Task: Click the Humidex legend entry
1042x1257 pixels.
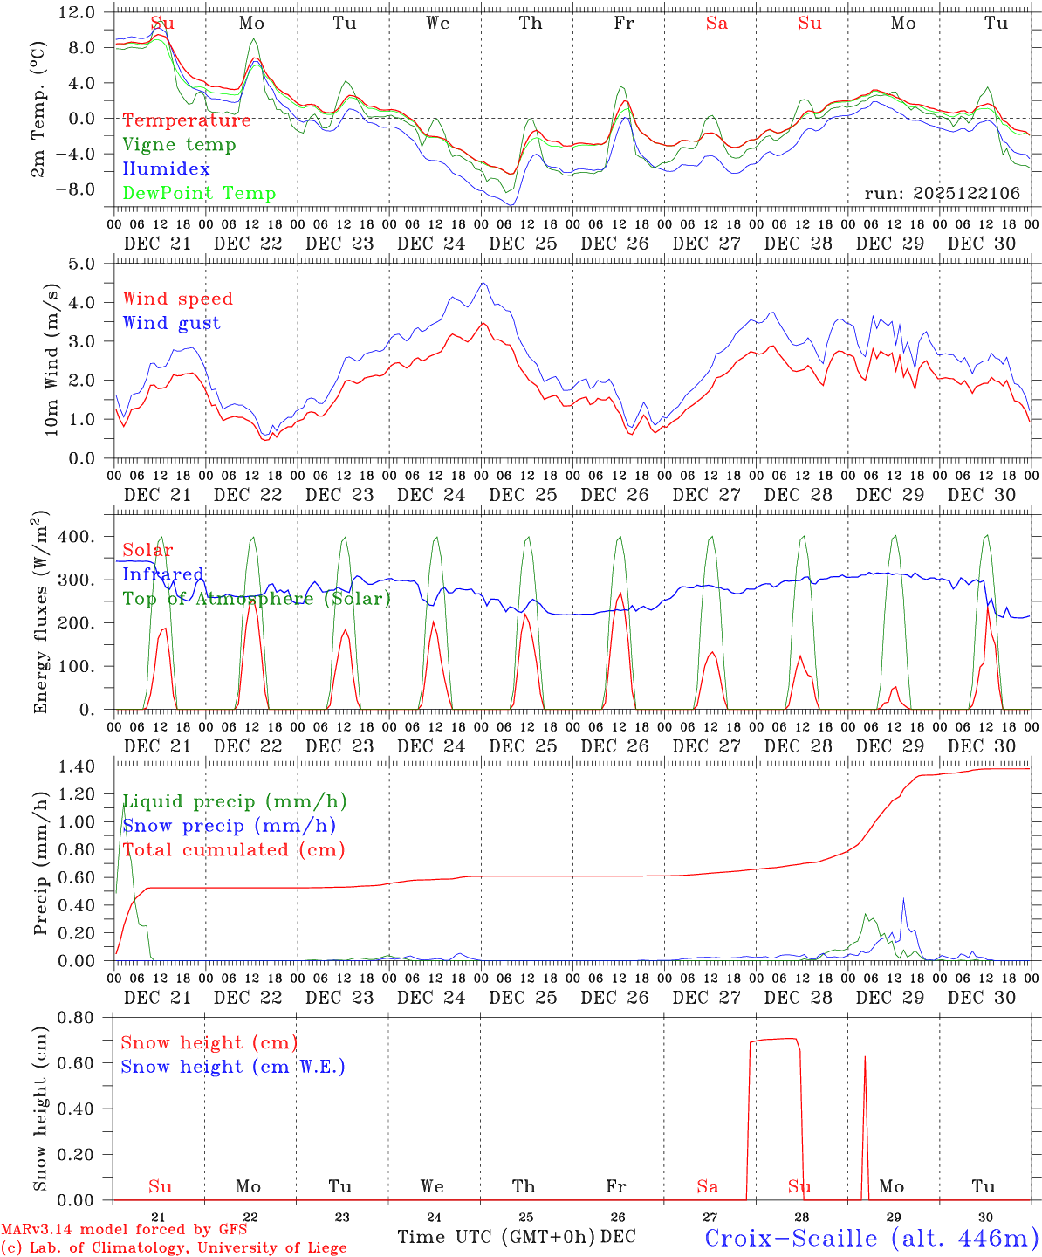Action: [x=166, y=169]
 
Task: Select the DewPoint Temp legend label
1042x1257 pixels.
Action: [x=199, y=194]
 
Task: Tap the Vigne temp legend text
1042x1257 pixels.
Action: [x=179, y=145]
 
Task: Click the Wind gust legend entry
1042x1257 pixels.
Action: [x=171, y=323]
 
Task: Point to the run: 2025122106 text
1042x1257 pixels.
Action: [x=942, y=194]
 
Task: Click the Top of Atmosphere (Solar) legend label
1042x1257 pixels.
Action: [x=256, y=599]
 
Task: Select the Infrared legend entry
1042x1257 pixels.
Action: [x=162, y=574]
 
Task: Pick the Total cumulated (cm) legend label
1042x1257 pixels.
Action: [x=234, y=850]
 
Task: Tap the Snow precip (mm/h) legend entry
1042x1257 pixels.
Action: [x=229, y=826]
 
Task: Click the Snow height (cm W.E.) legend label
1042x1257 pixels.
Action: [x=233, y=1067]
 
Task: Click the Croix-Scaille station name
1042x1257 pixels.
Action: [x=870, y=1238]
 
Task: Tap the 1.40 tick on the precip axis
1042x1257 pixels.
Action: [x=76, y=767]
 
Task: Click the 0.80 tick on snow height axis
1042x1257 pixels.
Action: [x=76, y=1018]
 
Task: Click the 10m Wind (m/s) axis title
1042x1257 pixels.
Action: [x=51, y=360]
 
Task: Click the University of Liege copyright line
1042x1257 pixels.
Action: [x=174, y=1248]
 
